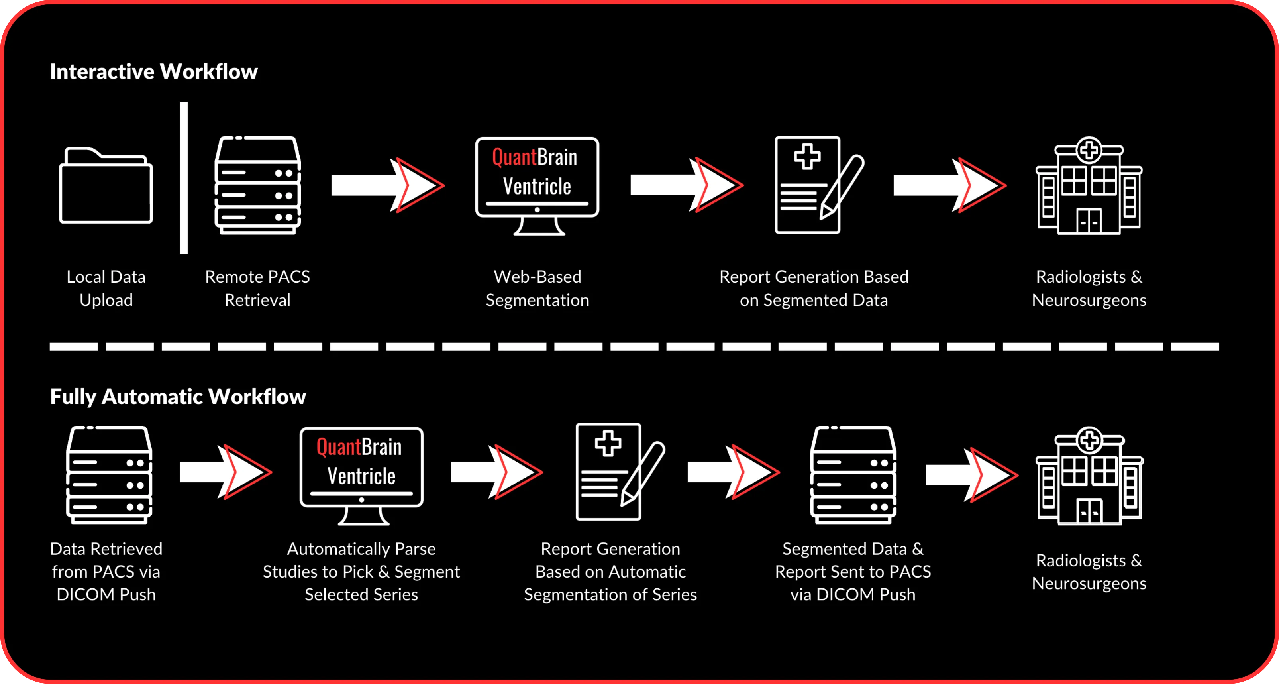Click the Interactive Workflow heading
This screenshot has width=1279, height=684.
coord(153,71)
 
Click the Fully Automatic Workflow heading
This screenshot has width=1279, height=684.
coord(178,396)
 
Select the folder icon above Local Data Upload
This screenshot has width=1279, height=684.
coord(106,185)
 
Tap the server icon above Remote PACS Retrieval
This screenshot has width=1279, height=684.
coord(258,185)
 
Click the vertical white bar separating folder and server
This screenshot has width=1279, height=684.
coord(184,178)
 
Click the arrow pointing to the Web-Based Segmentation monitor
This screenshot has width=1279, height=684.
coord(387,185)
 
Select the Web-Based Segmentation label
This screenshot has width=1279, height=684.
coord(537,288)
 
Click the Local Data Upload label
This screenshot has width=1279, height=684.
coord(106,288)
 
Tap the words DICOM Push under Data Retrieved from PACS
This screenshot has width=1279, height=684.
coord(106,594)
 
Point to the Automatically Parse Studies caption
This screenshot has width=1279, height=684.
coord(361,571)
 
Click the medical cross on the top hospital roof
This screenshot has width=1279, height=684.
coord(1089,150)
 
